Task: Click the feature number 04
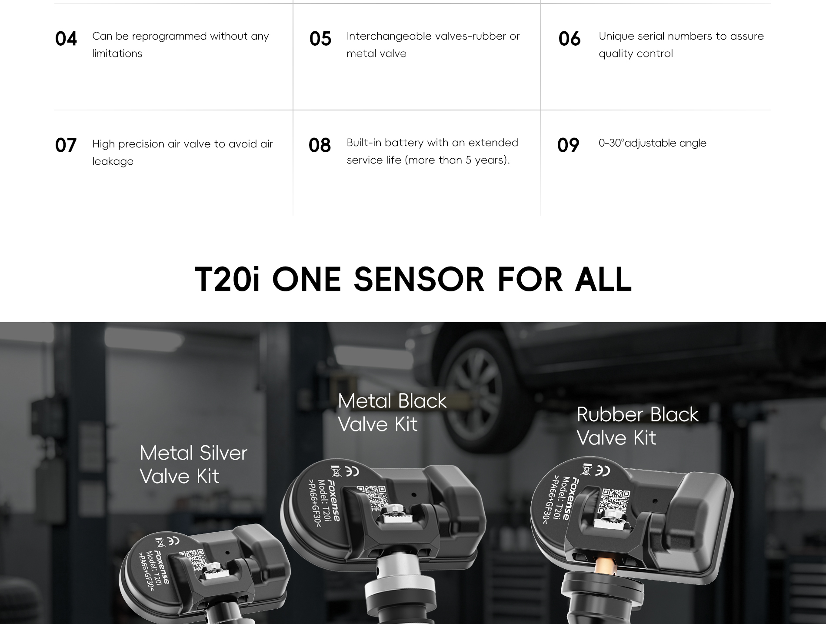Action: [66, 39]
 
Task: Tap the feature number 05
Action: [320, 39]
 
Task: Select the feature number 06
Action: [570, 39]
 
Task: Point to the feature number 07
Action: [66, 145]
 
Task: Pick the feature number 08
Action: [320, 145]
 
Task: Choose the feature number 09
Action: [568, 145]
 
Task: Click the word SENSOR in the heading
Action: [419, 279]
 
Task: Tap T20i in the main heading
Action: [227, 279]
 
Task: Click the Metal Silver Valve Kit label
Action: [193, 464]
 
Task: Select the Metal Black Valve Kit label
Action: [392, 412]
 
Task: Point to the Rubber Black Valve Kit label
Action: [637, 426]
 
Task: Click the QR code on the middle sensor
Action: [373, 497]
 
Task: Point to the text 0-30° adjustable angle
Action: [653, 143]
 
